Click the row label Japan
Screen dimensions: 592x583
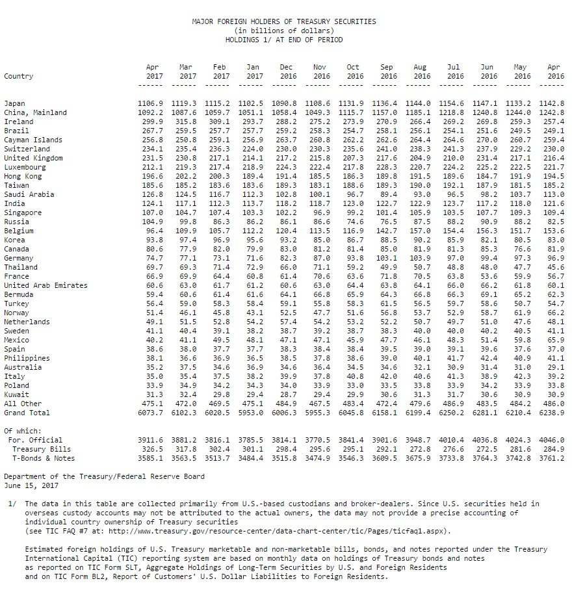(14, 103)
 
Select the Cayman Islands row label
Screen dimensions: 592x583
(33, 140)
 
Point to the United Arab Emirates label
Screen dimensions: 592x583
(45, 285)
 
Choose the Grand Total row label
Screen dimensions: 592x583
(27, 413)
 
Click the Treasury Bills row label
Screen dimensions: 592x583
(42, 449)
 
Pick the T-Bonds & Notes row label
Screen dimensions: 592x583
(42, 458)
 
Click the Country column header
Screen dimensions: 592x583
(18, 76)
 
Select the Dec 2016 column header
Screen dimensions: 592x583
(286, 71)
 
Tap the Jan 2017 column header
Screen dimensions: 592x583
(253, 71)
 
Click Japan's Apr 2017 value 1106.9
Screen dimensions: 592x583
(151, 103)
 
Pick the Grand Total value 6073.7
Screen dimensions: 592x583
(151, 413)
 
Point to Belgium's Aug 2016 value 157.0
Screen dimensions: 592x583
(421, 231)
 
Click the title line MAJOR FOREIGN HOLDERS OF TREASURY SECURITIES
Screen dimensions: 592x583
(284, 21)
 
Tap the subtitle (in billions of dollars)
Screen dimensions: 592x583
(284, 31)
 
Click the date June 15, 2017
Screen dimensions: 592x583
(31, 485)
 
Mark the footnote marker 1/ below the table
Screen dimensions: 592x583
(12, 504)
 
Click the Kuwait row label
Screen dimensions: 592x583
(16, 394)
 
